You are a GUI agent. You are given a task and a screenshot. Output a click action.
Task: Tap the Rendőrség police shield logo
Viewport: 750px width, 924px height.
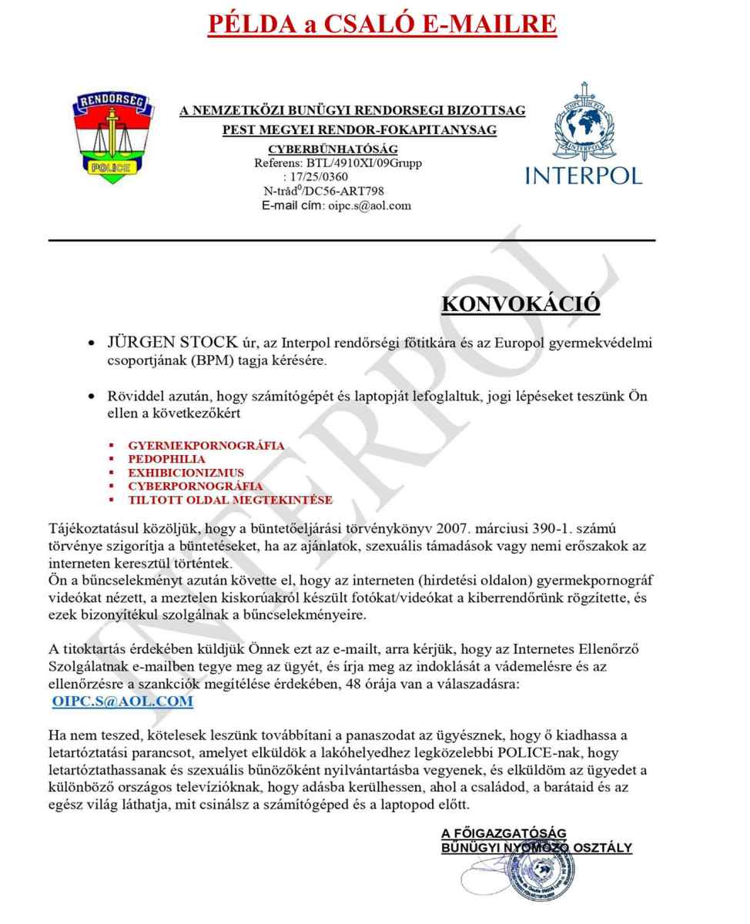112,138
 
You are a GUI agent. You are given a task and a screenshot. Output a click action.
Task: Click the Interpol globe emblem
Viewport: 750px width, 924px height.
583,123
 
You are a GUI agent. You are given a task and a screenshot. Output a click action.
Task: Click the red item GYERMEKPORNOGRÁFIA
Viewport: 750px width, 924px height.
206,446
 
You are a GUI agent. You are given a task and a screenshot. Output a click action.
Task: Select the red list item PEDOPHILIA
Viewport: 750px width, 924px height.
166,460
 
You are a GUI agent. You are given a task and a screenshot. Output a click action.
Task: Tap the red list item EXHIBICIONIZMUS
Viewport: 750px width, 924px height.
186,473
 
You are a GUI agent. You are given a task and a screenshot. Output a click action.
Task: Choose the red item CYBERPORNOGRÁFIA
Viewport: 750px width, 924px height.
195,487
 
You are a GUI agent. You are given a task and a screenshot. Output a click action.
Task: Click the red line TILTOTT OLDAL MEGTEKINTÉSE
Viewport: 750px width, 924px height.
230,500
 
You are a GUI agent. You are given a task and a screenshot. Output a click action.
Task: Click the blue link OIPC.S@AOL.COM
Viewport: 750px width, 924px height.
122,701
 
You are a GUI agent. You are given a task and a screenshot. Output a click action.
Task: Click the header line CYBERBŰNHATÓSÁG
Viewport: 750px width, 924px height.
333,149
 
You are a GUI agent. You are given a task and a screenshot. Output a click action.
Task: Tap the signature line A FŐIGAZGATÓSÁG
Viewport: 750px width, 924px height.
504,833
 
